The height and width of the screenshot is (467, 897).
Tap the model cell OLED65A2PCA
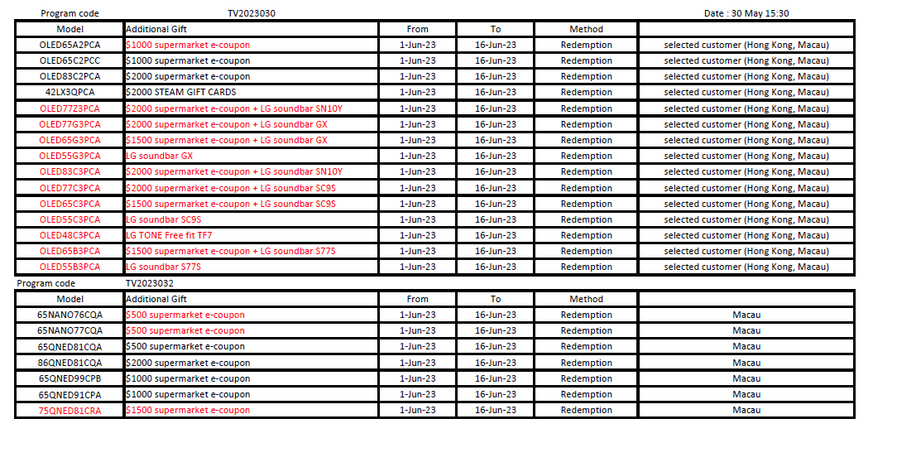70,45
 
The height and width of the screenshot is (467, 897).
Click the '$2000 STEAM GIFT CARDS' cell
181,92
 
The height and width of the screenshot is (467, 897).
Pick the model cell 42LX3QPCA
70,92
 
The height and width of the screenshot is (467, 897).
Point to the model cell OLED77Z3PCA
70,108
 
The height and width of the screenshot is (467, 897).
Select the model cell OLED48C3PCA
70,235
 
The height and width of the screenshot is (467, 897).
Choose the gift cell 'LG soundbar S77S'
163,267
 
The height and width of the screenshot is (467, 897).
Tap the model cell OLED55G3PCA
70,156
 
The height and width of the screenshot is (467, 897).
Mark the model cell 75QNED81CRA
70,410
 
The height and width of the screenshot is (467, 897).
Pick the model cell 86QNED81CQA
70,363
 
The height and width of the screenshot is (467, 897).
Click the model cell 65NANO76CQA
70,315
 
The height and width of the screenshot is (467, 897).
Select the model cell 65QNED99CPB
70,378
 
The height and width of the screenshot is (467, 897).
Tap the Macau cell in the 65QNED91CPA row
746,394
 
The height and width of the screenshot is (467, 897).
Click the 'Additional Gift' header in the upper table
156,29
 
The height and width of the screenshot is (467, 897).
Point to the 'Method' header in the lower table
586,299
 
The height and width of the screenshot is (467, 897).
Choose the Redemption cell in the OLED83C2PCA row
586,76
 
